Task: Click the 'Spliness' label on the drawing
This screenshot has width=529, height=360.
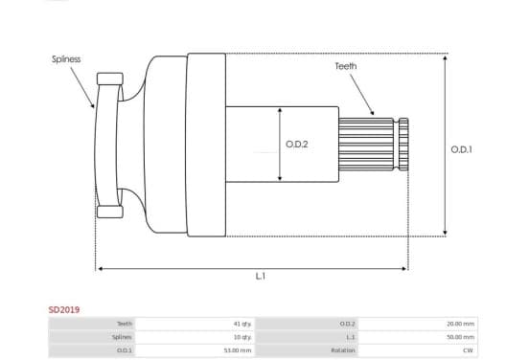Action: pos(66,59)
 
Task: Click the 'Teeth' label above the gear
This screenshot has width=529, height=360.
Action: pos(345,66)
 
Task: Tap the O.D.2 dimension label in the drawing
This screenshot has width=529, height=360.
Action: pos(297,145)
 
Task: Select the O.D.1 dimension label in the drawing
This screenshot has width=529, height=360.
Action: pos(461,149)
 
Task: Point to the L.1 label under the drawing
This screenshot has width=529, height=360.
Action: pos(260,276)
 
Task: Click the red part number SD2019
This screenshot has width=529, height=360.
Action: pos(64,310)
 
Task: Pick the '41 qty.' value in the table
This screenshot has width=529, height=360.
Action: pos(242,324)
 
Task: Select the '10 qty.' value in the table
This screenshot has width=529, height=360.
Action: pos(242,337)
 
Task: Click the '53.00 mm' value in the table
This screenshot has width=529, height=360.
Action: pos(238,350)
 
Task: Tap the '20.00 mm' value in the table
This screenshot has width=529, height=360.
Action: pos(461,324)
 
